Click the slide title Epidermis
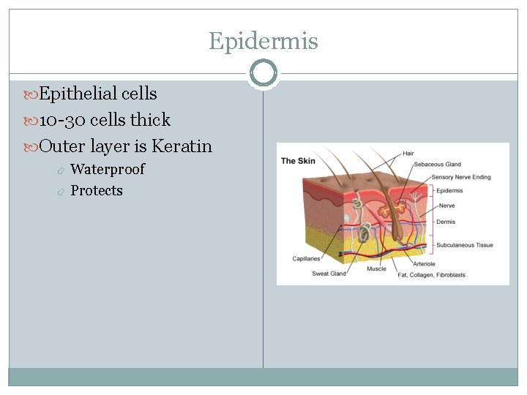coord(263,40)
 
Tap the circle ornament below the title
coord(263,73)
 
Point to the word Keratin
coord(182,146)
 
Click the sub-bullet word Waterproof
coord(108,169)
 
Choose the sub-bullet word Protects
coord(97,190)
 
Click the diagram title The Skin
coord(299,161)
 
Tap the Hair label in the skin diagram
coord(408,154)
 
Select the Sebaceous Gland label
coord(437,165)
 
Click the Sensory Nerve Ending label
coord(461,177)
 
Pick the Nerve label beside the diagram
coord(446,206)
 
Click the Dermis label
coord(446,222)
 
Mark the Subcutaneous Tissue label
coord(465,245)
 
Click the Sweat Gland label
coord(329,274)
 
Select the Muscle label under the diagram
coord(376,269)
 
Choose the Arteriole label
coord(424,264)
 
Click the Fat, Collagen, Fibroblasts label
coord(431,275)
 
